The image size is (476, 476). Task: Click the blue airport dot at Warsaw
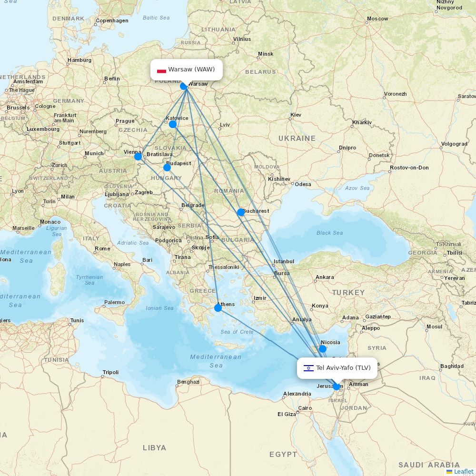[x=184, y=86]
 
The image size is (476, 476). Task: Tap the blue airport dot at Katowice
[x=173, y=124]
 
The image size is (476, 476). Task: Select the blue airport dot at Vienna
[x=138, y=156]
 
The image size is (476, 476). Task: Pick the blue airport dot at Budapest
[x=167, y=167]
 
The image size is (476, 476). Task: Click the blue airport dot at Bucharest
[x=241, y=212]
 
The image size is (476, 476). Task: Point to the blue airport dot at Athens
[x=218, y=308]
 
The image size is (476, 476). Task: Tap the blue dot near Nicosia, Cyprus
[x=323, y=349]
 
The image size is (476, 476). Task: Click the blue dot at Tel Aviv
[x=337, y=387]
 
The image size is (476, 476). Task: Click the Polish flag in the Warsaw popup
[x=161, y=70]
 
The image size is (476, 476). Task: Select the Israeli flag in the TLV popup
[x=308, y=368]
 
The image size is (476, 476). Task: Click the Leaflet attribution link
[x=464, y=471]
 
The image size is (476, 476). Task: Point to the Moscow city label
[x=377, y=19]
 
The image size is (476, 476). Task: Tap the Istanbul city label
[x=284, y=261]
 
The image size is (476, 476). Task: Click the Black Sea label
[x=330, y=233]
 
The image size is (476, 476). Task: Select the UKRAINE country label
[x=297, y=138]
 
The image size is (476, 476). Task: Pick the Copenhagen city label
[x=112, y=20]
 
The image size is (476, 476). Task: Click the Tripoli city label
[x=110, y=372]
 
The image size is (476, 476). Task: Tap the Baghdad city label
[x=452, y=366]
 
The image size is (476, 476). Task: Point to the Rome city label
[x=102, y=248]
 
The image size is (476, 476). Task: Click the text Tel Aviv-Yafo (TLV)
[x=343, y=367]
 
